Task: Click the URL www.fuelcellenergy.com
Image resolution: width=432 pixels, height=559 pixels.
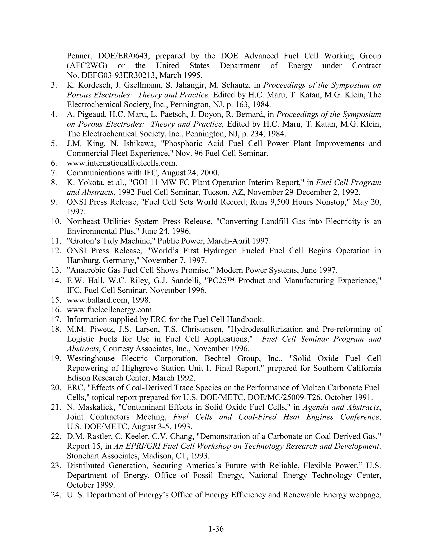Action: pos(110,310)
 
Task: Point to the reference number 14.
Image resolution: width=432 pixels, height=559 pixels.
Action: pos(56,281)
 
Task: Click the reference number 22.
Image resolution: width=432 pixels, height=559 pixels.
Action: pos(56,436)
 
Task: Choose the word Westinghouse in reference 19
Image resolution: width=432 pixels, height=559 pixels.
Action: pos(90,358)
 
